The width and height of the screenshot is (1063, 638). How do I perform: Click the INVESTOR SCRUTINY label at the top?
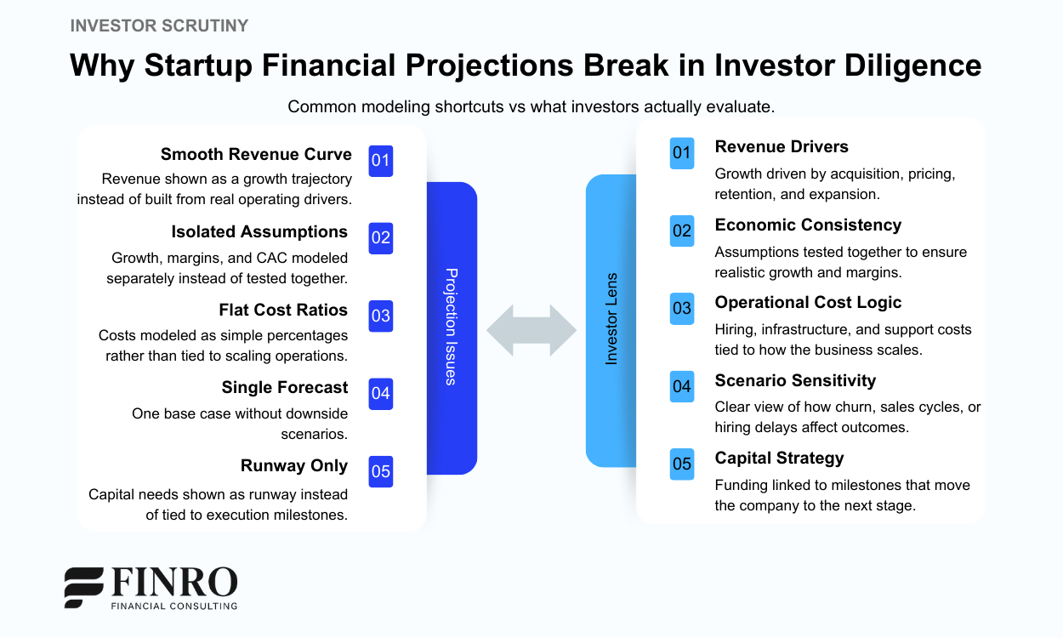point(159,26)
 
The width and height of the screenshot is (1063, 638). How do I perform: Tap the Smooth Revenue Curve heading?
point(256,154)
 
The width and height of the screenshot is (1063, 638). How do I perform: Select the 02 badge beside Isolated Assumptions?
point(380,238)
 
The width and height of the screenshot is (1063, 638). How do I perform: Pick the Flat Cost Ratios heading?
point(283,310)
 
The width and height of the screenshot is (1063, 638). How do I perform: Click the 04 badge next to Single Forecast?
point(380,393)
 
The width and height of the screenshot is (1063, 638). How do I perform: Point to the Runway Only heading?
point(293,465)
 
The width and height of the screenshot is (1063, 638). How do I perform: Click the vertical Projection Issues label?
point(452,327)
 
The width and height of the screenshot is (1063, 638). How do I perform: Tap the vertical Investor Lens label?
point(611,320)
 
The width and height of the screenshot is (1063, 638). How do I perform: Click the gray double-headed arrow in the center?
point(531,330)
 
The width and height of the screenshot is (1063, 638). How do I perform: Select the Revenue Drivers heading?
point(782,146)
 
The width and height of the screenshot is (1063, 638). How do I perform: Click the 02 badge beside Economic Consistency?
point(682,231)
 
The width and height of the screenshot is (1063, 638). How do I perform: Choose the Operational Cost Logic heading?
point(808,302)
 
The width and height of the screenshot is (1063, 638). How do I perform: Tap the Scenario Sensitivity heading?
point(795,380)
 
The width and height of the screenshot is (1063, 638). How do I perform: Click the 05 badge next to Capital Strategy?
point(682,464)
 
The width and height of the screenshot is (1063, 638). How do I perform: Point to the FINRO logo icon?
point(83,587)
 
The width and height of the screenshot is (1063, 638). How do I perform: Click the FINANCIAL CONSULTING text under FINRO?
point(174,606)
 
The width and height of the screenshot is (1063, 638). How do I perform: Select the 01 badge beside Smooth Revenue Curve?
point(380,160)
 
